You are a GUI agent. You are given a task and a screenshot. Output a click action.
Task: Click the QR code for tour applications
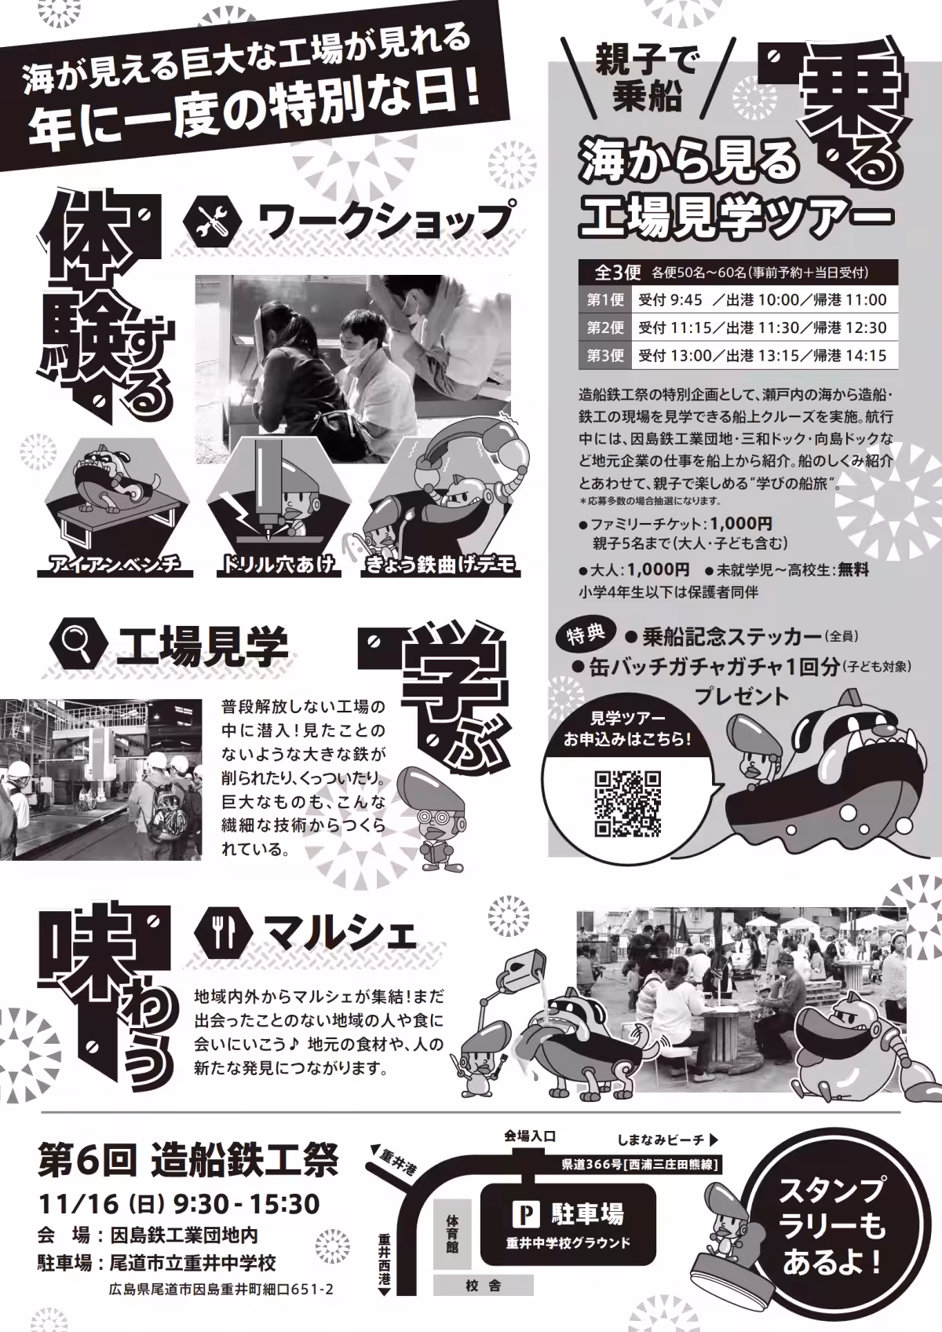[x=627, y=803]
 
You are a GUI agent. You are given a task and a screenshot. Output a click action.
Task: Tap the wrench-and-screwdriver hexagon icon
[x=211, y=221]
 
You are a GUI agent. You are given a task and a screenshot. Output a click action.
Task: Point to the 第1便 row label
[x=604, y=300]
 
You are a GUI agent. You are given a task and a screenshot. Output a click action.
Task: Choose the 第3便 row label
[x=604, y=355]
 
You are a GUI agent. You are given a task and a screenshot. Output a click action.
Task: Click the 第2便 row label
[x=604, y=328]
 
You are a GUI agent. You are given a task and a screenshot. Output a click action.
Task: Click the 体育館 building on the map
[x=453, y=1234]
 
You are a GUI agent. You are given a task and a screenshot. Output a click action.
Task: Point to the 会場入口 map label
[x=529, y=1136]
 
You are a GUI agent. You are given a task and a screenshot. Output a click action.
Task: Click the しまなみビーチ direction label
[x=668, y=1140]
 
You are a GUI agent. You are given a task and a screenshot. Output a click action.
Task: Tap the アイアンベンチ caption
[x=115, y=564]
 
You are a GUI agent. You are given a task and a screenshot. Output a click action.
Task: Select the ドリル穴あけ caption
[x=278, y=564]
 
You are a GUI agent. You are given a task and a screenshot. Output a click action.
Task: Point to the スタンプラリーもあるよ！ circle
[x=831, y=1226]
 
